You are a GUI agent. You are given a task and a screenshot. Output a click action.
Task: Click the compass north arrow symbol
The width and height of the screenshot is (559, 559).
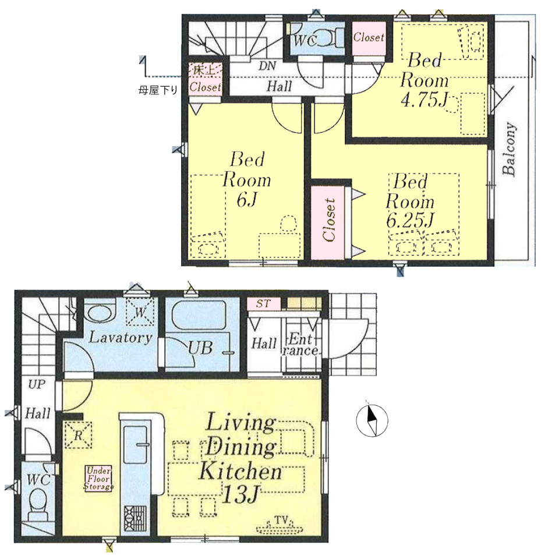click(x=372, y=420)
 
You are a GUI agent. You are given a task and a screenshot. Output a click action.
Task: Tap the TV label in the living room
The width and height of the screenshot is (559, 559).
click(x=281, y=521)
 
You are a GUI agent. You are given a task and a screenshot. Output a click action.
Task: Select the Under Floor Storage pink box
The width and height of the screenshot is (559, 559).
click(x=98, y=479)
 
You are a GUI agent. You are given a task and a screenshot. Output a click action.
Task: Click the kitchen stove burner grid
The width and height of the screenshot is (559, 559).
click(x=135, y=518)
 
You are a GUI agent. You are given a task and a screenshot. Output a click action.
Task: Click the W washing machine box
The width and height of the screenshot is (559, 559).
click(x=140, y=312)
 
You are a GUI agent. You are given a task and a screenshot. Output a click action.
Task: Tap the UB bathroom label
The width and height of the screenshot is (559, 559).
click(x=201, y=348)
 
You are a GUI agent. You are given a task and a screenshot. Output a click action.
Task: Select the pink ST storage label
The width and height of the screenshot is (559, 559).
click(x=263, y=303)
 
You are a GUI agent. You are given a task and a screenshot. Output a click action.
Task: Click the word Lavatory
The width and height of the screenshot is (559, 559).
click(x=121, y=338)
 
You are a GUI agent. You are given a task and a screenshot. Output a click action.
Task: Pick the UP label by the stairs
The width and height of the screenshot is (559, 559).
click(x=37, y=384)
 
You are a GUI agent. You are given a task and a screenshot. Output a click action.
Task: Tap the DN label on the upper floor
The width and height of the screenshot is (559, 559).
click(x=267, y=66)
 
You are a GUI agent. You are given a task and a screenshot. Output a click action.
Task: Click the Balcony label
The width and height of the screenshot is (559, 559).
click(x=509, y=149)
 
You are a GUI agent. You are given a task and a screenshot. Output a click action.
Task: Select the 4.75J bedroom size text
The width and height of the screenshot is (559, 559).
click(x=424, y=100)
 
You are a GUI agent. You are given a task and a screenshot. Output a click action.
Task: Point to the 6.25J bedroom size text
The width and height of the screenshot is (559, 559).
click(x=410, y=220)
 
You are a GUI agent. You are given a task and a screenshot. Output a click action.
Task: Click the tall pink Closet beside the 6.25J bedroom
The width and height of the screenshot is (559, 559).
click(x=328, y=222)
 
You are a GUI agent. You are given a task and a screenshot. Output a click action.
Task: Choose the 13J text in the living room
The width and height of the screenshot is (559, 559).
click(x=239, y=493)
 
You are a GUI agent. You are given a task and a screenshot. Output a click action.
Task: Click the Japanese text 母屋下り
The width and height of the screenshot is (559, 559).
click(x=158, y=91)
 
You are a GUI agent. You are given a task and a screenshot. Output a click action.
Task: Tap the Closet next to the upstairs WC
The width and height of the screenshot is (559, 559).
click(x=369, y=37)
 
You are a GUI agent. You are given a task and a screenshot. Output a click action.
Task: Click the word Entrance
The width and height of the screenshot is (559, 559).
click(x=300, y=344)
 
